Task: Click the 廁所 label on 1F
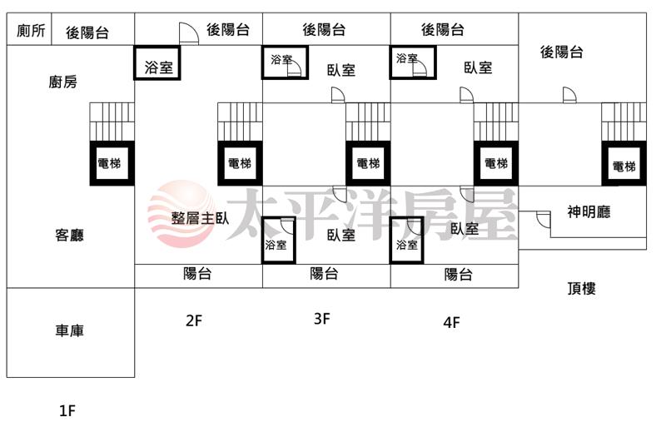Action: pos(31,32)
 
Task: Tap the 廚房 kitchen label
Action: pos(63,82)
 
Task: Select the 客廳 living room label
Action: pos(69,236)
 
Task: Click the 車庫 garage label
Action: pos(69,331)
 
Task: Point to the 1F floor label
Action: pos(67,410)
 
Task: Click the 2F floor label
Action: pos(194,320)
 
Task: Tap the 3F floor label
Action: pos(322,318)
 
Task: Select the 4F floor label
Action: pos(451,322)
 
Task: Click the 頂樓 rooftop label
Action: pos(581,289)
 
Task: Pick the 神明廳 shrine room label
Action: pos(589,212)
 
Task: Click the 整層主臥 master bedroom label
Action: pos(200,219)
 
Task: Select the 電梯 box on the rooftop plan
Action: pos(624,166)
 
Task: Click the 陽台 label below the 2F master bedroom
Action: pos(197,274)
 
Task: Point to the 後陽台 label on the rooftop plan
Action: pos(561,52)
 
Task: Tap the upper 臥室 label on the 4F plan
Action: pos(478,68)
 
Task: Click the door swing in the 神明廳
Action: pos(543,220)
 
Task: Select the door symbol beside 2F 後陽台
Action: pos(188,32)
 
